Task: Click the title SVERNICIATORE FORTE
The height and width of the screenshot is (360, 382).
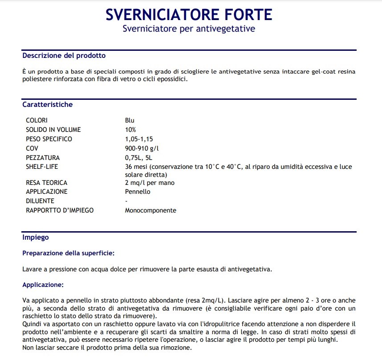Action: [x=189, y=14]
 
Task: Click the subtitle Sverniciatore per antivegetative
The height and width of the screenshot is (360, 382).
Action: [x=189, y=29]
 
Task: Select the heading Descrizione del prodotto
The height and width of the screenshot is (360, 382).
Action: [x=64, y=56]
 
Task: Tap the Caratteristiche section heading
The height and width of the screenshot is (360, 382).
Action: [x=48, y=105]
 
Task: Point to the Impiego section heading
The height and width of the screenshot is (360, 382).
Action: [x=36, y=237]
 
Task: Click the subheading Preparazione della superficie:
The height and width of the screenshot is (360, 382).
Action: [x=69, y=253]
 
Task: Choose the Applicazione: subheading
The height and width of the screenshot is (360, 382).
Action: [x=43, y=284]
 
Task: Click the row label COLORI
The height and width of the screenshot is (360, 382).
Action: [x=37, y=120]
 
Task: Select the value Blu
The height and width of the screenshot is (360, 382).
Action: [x=130, y=120]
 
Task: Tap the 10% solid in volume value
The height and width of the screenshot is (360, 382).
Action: [x=130, y=130]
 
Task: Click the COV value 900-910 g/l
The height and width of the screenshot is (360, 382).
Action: [x=142, y=148]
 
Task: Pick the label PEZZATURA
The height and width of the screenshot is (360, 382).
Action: [x=43, y=158]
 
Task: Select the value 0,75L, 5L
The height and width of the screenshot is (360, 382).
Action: [x=139, y=158]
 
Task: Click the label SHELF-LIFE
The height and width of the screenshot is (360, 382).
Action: [x=42, y=167]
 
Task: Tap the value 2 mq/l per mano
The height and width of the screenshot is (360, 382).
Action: [x=150, y=183]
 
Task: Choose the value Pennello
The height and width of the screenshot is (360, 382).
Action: [x=138, y=192]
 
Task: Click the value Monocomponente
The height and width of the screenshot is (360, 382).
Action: [x=150, y=210]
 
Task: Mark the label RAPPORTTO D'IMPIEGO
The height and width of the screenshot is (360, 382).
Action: [x=60, y=210]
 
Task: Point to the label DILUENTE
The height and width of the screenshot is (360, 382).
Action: [x=40, y=201]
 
